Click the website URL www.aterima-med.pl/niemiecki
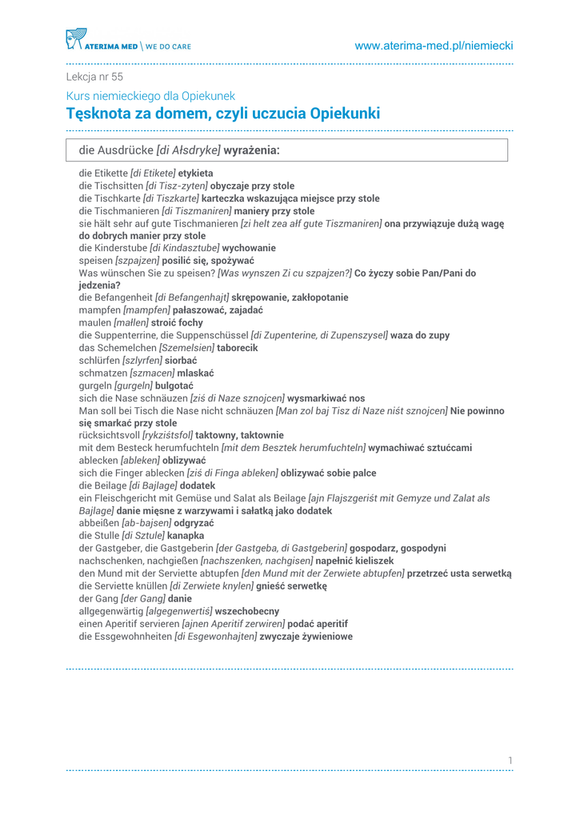(434, 46)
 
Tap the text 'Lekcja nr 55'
(94, 78)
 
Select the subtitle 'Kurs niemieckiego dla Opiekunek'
(150, 96)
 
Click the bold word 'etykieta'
(195, 173)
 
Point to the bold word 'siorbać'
(181, 361)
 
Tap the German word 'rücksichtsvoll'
(109, 435)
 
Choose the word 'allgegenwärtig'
(110, 610)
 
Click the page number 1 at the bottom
(509, 759)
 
